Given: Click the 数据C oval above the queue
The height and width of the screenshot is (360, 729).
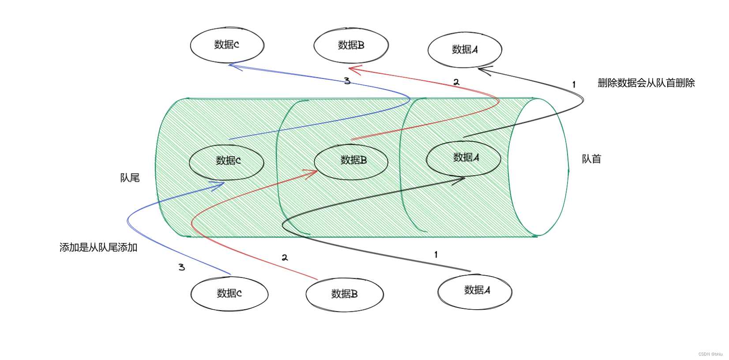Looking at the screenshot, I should point(227,45).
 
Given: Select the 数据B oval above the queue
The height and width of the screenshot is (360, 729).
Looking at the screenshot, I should point(351,45).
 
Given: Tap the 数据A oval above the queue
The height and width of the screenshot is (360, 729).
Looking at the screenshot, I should point(465,50).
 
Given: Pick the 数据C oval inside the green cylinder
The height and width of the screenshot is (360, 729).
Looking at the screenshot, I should point(227,161).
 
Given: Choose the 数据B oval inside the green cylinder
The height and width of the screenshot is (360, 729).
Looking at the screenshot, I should point(351,161).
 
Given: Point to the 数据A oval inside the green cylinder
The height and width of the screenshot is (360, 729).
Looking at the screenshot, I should point(463,158).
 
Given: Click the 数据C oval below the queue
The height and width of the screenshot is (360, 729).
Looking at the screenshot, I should point(229,294).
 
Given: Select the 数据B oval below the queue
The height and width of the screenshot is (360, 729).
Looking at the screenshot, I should point(344,295).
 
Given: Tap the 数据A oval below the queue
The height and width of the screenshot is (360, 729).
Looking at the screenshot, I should point(475,291).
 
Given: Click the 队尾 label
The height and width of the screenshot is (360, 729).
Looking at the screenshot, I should point(130,178).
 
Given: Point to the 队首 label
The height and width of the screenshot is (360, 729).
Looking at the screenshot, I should point(591,159).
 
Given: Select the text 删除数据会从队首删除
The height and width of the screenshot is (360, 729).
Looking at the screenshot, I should point(646,83).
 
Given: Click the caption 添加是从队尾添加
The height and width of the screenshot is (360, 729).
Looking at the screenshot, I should point(98,247).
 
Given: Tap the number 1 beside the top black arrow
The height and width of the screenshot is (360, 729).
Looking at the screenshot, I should point(574,84).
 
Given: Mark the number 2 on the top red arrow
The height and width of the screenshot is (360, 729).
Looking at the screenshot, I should point(456,82).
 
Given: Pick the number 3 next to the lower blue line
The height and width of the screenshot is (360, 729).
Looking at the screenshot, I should point(181,267).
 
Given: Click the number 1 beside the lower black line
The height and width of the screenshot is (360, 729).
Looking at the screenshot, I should point(436,255).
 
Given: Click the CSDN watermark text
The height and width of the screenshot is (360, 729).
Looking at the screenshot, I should point(710,354).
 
